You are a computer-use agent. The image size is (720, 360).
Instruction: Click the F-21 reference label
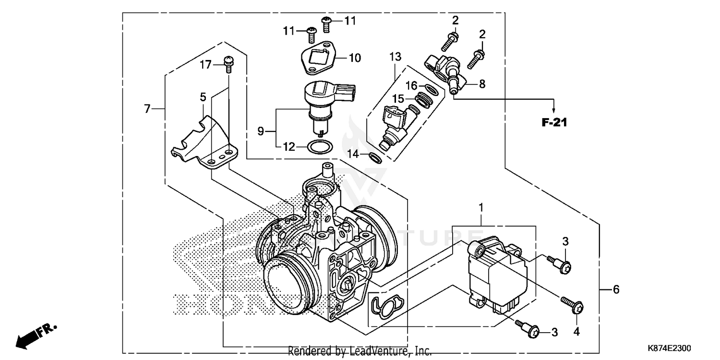(x=554, y=122)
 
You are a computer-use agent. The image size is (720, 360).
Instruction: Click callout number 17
(x=205, y=64)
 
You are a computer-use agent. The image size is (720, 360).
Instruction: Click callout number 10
(x=354, y=59)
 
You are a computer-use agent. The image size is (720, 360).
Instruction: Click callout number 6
(x=616, y=289)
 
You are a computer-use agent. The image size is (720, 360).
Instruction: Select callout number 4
(x=576, y=331)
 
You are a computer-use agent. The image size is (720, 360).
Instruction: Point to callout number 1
(x=481, y=207)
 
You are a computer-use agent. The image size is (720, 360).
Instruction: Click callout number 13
(x=395, y=57)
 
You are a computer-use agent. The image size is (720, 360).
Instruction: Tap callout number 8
(x=482, y=84)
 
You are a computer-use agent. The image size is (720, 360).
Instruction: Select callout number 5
(x=203, y=97)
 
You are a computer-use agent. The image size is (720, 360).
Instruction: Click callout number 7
(x=147, y=109)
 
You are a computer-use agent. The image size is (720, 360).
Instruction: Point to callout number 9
(x=261, y=131)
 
